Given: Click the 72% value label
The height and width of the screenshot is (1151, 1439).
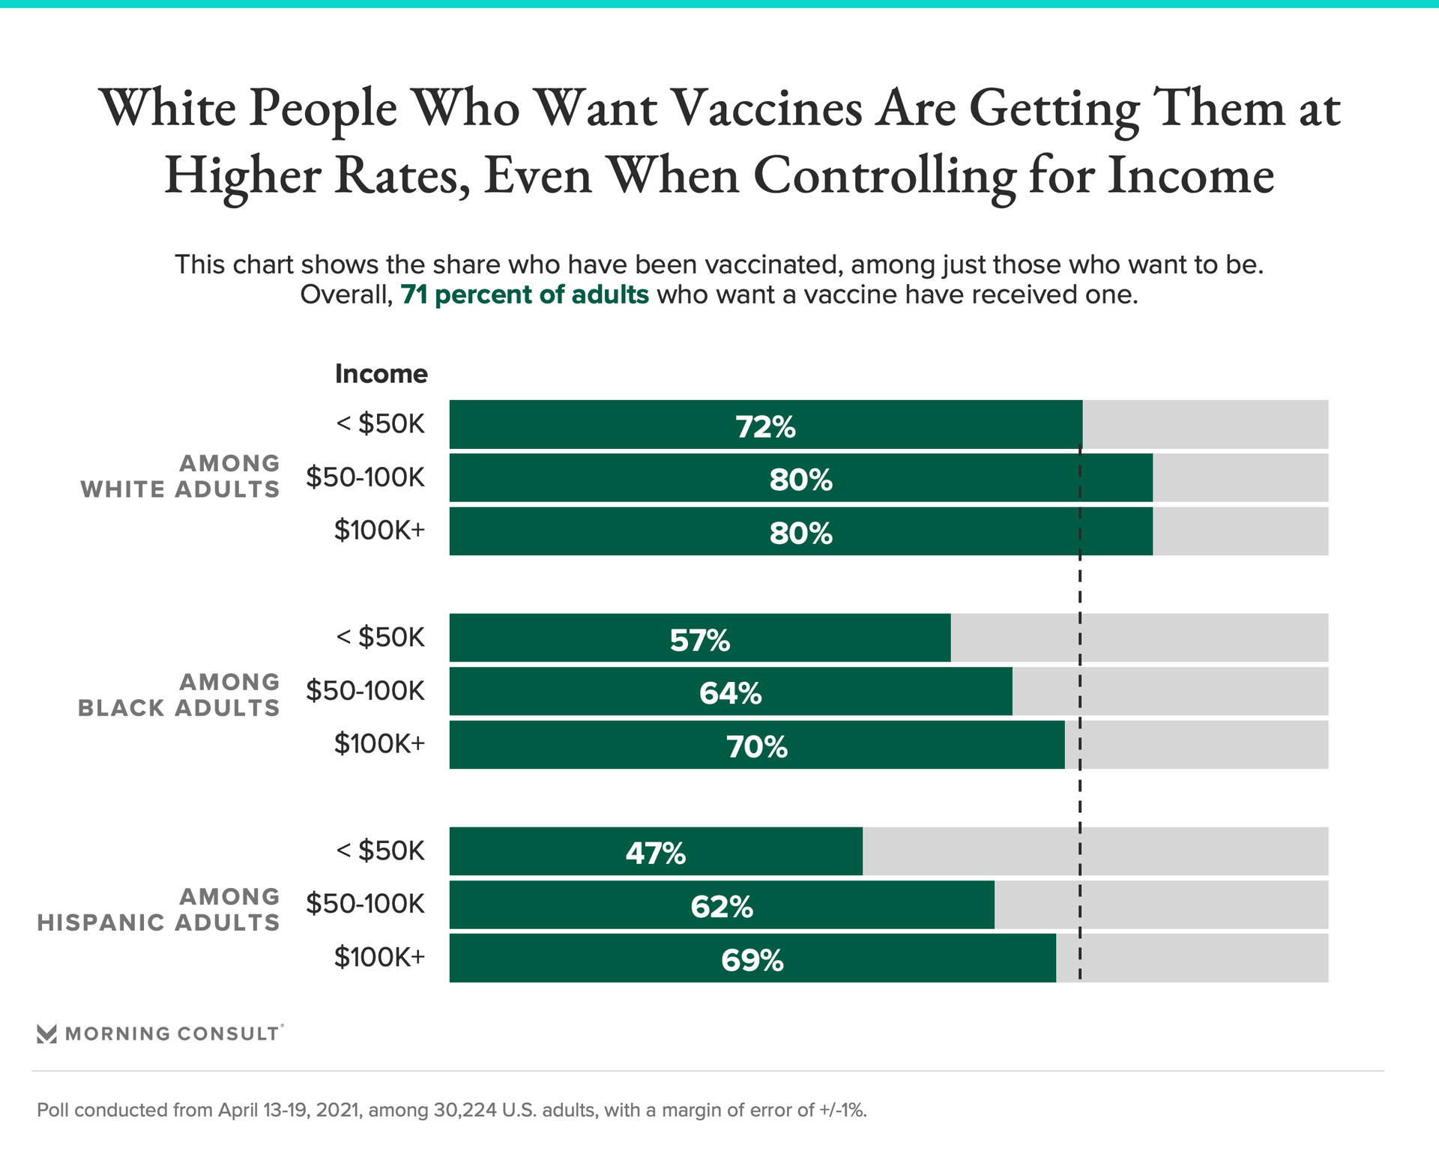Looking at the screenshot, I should pos(765,426).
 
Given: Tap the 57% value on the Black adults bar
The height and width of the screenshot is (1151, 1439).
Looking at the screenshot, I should pos(699,640).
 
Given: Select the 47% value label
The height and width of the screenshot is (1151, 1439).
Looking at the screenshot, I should pos(656,853).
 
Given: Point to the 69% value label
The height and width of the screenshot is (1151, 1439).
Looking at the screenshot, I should pos(752,960).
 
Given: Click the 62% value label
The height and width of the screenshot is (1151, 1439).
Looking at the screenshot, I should pos(722,907).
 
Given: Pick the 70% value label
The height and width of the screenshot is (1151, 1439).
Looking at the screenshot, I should pos(757,746).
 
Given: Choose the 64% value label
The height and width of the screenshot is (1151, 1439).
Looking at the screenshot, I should pos(731,693).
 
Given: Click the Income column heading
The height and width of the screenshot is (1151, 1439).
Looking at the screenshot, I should pos(381,373).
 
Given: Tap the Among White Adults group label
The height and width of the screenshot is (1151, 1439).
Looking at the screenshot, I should pos(180,477).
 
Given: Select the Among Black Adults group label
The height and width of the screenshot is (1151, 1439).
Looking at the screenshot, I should pos(178,695).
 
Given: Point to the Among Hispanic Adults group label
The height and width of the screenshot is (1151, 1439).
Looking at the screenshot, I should pos(158,909).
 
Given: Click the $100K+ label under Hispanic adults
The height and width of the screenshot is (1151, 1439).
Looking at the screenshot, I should pos(379,957).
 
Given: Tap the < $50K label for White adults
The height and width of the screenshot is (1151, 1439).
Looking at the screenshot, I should pos(380,424).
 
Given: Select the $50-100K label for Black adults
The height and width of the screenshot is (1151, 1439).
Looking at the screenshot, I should pos(365,690).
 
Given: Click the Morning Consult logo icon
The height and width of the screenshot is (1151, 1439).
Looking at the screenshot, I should pos(46,1034).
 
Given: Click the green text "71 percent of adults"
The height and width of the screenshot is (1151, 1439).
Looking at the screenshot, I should pos(525,294).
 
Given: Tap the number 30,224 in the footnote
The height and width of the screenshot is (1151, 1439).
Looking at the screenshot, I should pos(465,1110).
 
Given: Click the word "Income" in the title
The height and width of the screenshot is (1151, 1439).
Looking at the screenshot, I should pos(1190,176).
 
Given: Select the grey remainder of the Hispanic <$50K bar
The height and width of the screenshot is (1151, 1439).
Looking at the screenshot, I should pos(1094,851).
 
